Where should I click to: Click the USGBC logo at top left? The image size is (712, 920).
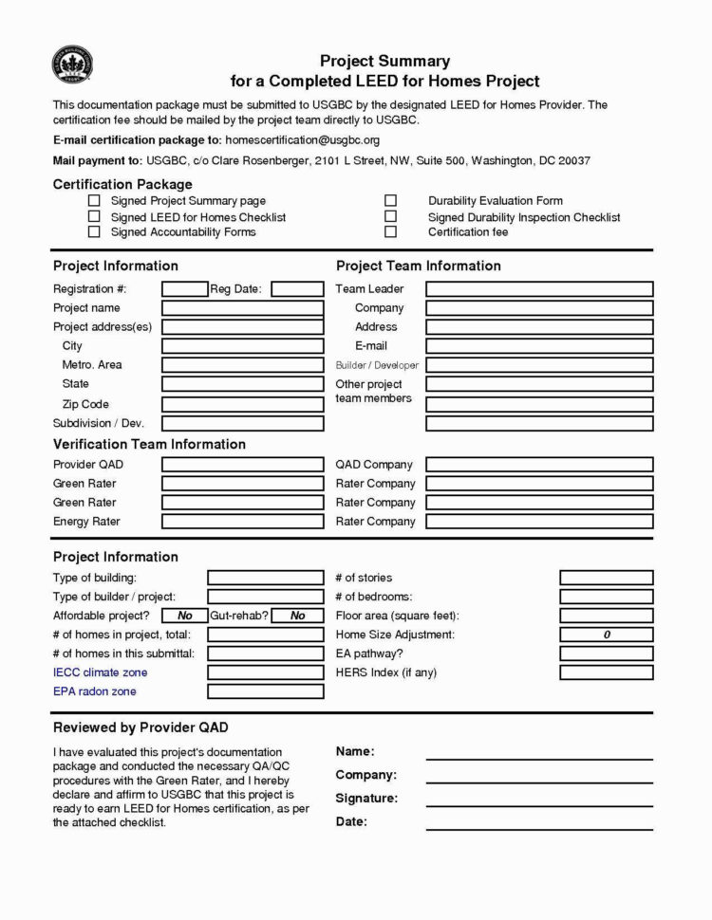72,67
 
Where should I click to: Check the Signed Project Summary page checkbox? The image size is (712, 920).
94,201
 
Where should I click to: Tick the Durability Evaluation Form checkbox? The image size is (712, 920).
390,201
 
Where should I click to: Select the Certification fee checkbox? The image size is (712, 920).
390,231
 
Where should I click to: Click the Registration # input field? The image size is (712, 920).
184,289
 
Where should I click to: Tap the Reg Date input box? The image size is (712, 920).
297,289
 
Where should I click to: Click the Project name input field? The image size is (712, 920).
242,308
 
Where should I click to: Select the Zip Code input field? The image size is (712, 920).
242,404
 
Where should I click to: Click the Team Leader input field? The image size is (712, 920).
539,289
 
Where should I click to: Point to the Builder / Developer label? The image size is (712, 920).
377,365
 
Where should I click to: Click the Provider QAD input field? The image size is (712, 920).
242,465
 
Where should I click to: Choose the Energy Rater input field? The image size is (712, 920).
242,522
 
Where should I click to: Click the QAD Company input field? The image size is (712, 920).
539,465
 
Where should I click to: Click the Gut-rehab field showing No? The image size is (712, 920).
297,616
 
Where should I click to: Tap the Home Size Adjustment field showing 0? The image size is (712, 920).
606,635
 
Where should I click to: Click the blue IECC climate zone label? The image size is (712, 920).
100,672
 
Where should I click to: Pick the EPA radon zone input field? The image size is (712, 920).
265,691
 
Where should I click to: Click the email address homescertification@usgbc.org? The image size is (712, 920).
302,140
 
